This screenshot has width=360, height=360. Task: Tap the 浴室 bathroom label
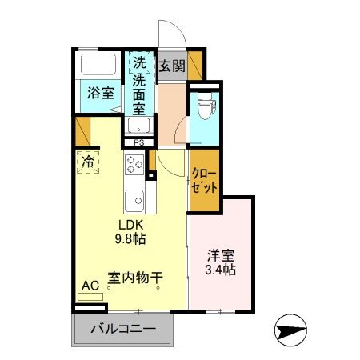tap(101, 93)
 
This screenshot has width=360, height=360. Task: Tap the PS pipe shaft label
tap(138, 143)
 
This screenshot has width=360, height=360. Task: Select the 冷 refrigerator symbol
tap(87, 161)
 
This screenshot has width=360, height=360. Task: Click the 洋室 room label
tap(220, 256)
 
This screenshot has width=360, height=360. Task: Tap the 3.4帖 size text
tap(220, 270)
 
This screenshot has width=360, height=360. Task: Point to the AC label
tap(90, 284)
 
